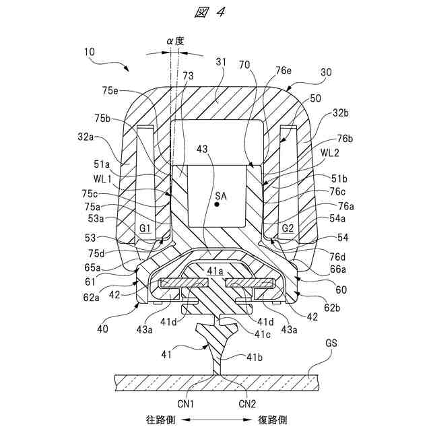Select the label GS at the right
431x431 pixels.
331,343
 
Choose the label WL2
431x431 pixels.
329,153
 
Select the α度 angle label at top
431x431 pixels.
175,42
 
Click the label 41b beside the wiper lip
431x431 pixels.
255,357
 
